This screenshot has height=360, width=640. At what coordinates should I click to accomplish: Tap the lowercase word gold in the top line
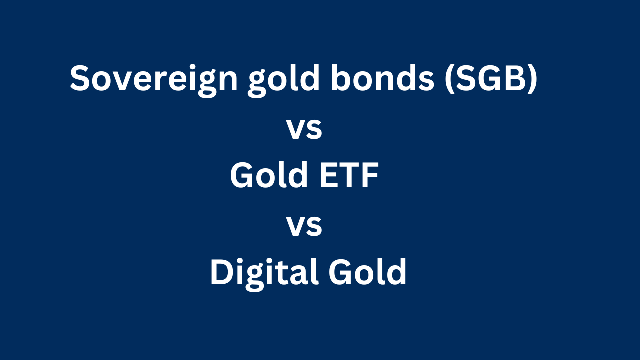tap(283, 80)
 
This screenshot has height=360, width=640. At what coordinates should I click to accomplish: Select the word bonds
tap(382, 78)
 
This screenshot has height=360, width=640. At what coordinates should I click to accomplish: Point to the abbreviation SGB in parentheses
tap(491, 78)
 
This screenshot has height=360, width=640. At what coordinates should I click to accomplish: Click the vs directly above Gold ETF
tap(304, 129)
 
